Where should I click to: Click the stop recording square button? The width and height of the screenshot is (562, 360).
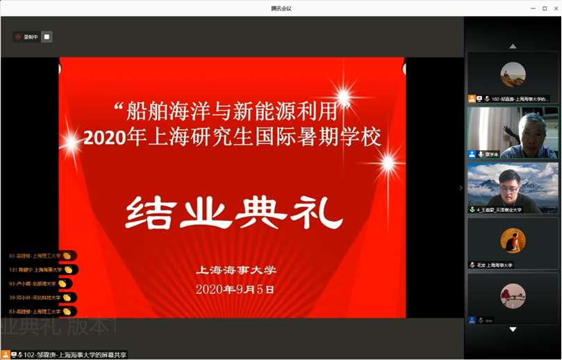[x=47, y=37]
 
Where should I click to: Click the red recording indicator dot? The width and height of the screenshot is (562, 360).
[x=18, y=37]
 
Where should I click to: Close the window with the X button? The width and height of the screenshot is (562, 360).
[x=554, y=8]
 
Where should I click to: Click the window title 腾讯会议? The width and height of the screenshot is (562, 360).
[x=281, y=8]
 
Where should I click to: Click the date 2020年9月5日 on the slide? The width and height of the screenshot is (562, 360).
[x=235, y=289]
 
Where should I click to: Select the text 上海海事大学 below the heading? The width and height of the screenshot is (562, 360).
[x=236, y=270]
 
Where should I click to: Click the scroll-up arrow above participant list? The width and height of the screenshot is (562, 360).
[x=513, y=47]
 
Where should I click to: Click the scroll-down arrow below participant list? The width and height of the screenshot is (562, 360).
[x=513, y=329]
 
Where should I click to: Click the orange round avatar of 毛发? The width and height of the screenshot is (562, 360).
[x=513, y=240]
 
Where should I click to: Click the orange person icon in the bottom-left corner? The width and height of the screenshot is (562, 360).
[x=6, y=355]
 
